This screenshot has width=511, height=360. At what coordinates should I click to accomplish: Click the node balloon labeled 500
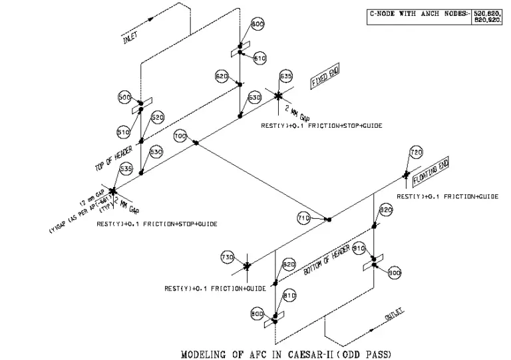pos(124,97)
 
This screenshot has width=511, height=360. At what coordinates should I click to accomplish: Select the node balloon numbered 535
pos(125,169)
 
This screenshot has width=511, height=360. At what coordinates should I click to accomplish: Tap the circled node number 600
pos(257,24)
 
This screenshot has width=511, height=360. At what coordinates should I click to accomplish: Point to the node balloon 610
pos(259,59)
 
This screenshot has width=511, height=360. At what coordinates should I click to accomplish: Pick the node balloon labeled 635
pos(286,76)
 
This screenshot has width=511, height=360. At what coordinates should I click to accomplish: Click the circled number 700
pos(180,136)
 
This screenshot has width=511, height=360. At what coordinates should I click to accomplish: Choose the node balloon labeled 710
pos(303,218)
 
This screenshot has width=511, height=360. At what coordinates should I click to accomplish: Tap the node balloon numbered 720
pos(416,153)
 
